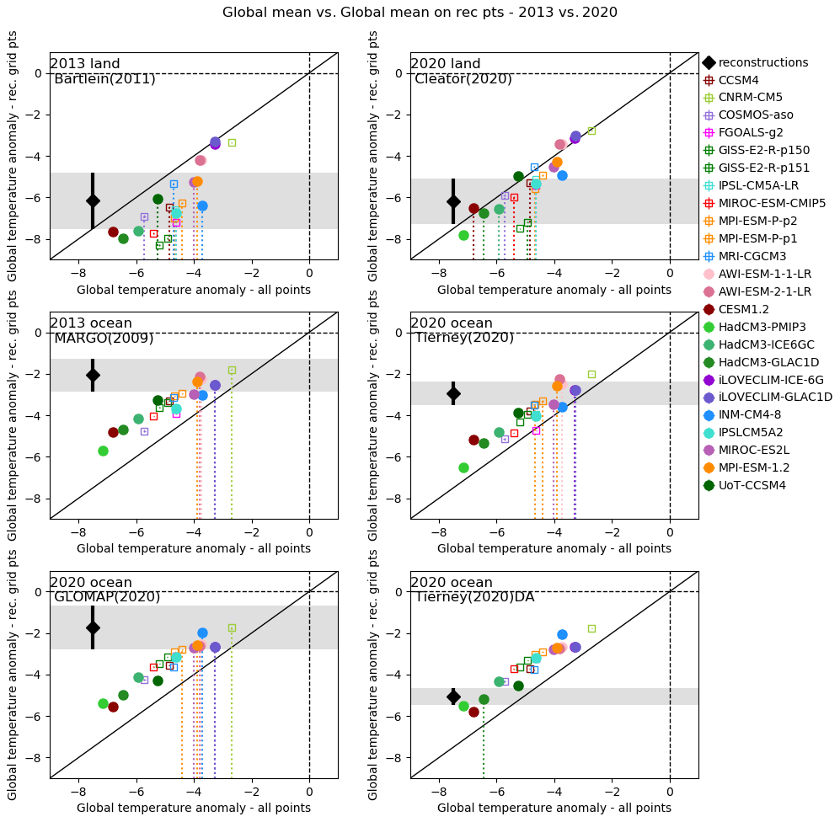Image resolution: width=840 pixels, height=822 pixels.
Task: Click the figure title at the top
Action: pos(420,13)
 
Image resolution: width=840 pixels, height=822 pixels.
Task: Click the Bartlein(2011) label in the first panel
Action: pos(104,79)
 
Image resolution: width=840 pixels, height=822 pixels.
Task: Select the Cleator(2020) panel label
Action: pos(463,79)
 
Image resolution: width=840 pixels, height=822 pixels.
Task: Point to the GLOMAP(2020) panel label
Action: pos(107,597)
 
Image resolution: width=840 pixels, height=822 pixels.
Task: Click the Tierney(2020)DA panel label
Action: pos(474,597)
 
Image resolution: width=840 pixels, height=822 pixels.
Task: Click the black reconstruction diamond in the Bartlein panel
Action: pos(93,200)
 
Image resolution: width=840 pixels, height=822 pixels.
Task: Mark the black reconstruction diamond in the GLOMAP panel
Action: pos(93,627)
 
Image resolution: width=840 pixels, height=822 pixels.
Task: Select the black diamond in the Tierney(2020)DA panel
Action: pos(453,697)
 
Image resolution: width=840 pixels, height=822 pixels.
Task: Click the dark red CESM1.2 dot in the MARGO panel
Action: pos(113,432)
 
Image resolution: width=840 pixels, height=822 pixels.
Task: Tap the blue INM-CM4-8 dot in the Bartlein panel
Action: pos(202,205)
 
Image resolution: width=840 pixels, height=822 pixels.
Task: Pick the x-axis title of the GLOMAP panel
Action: pos(194,808)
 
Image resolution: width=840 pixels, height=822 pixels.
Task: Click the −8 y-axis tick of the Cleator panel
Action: pos(395,239)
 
